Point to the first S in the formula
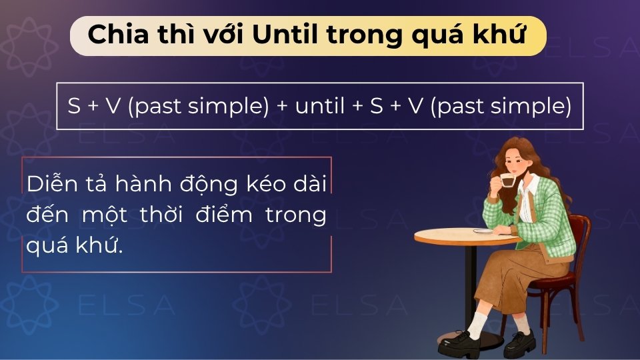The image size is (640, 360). pyautogui.click(x=74, y=106)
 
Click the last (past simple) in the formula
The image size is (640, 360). pyautogui.click(x=501, y=106)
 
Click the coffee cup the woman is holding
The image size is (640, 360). pyautogui.click(x=508, y=181)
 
